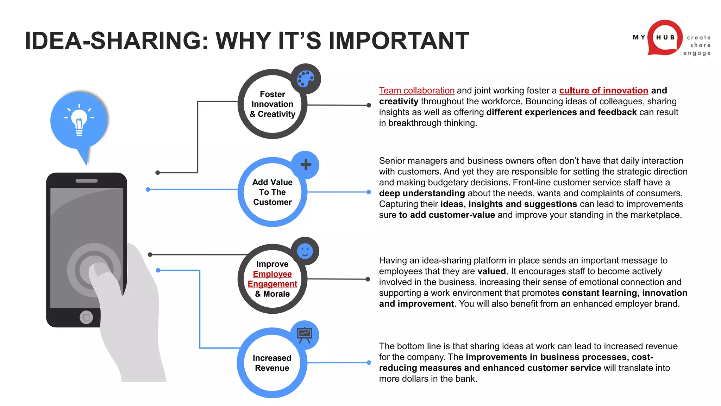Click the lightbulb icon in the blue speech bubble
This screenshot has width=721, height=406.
79,121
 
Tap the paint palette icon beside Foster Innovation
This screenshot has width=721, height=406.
306,79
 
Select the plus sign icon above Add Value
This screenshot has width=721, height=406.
306,165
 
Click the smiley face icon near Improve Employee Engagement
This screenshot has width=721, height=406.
305,251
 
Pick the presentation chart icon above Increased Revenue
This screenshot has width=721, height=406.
305,335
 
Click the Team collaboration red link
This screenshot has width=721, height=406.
416,91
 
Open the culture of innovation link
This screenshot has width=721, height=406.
603,91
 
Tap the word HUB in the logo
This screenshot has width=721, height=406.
665,37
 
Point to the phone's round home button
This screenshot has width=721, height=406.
86,317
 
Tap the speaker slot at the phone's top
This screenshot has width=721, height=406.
87,181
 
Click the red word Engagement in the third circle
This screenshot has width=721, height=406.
272,284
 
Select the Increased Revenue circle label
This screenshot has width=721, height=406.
272,363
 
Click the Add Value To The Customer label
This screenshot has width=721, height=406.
272,192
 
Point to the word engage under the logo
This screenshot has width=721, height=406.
697,53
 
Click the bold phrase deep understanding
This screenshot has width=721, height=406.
422,193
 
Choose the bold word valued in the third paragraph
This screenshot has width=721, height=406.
491,271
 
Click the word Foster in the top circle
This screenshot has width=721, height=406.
272,94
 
